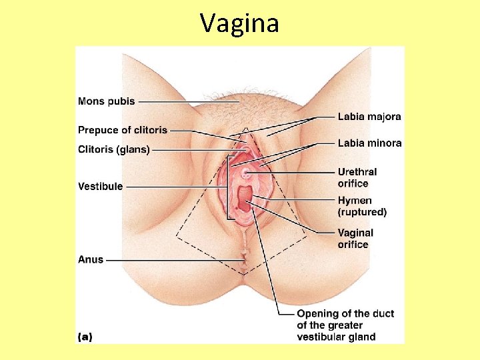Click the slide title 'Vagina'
click(239, 23)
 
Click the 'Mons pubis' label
click(107, 101)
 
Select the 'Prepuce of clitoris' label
click(123, 130)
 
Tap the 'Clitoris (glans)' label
click(114, 150)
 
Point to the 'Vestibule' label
click(100, 187)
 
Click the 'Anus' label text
click(91, 259)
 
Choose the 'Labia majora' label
click(369, 117)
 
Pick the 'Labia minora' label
click(369, 143)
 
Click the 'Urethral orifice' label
click(357, 177)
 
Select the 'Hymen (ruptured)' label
click(361, 206)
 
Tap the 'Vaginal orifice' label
click(355, 239)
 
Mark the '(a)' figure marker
click(85, 337)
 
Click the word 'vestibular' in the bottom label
click(323, 337)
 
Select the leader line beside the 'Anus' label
click(173, 259)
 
